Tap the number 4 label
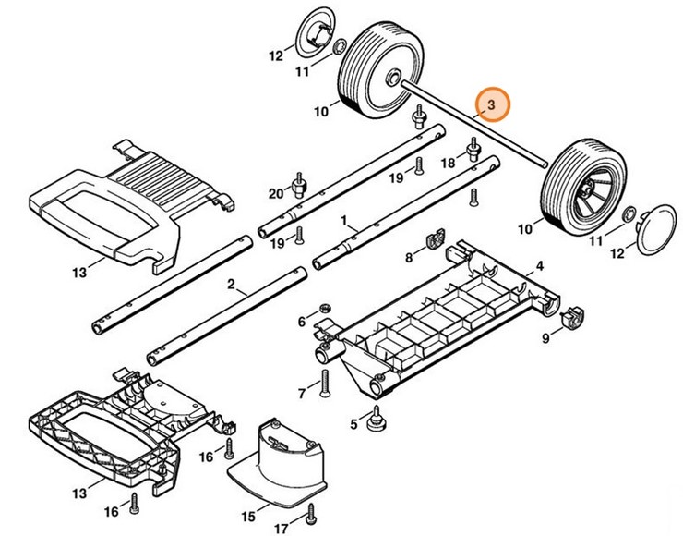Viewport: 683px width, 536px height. (x=541, y=266)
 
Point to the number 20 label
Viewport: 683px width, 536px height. (x=275, y=192)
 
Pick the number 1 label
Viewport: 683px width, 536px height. (x=344, y=222)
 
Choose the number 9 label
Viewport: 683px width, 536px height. (x=545, y=339)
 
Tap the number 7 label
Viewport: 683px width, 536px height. (x=301, y=395)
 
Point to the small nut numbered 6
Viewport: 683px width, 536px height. (x=323, y=308)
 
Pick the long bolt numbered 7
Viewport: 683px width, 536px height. (x=325, y=384)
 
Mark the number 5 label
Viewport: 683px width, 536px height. (x=353, y=424)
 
